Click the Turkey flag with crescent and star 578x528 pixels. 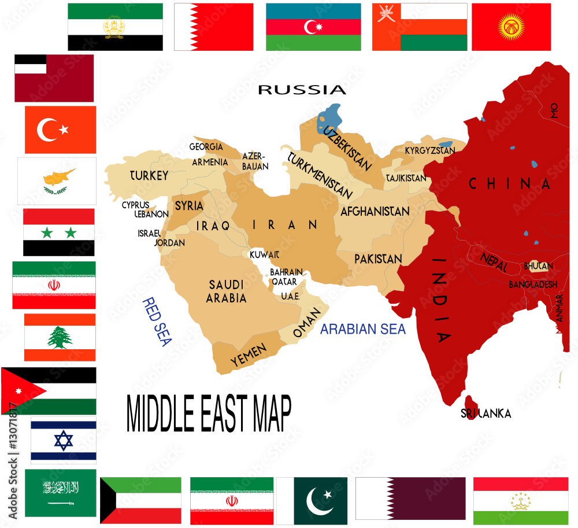pos(60,130)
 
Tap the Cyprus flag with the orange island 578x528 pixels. pos(57,181)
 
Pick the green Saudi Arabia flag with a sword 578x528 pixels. pos(60,493)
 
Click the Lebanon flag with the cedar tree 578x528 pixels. pos(60,337)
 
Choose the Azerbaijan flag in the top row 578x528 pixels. pos(313,27)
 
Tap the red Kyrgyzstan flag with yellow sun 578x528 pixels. pos(511,27)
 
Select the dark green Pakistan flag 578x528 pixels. pos(320,499)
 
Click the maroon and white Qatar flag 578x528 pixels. pos(410,499)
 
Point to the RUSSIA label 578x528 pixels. pos(302,90)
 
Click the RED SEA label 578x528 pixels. pos(157,322)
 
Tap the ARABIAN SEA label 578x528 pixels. pos(363,329)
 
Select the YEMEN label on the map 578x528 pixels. pos(249,354)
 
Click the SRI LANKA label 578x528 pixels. pos(486,413)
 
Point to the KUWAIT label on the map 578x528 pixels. pos(265,254)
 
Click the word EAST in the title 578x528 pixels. pos(221,413)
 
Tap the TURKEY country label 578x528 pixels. pos(149,175)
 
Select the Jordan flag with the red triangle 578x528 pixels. pos(49,390)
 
